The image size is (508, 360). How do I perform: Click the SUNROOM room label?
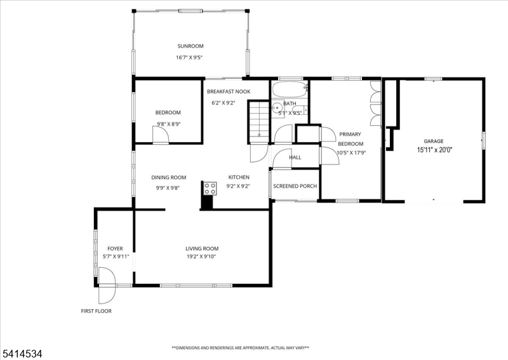click(190, 46)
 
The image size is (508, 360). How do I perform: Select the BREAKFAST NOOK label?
click(229, 91)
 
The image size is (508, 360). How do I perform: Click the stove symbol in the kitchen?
click(210, 189)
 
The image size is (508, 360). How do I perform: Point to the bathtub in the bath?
click(290, 89)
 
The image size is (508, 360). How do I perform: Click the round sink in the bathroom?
click(277, 106)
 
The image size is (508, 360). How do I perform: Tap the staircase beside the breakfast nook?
click(259, 121)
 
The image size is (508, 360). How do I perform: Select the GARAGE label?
click(434, 142)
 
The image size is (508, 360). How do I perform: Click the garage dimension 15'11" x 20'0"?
click(434, 150)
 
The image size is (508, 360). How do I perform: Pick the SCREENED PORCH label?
click(295, 186)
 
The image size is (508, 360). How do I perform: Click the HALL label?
click(295, 157)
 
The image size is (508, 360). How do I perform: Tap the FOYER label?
click(115, 249)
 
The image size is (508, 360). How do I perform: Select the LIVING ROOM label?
click(202, 249)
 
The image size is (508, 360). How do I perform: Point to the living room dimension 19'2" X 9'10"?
click(201, 257)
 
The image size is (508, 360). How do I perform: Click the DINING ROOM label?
click(169, 178)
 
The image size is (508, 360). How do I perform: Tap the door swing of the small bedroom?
click(161, 135)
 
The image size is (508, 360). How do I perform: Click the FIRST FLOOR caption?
click(97, 311)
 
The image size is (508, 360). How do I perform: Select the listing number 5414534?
click(22, 354)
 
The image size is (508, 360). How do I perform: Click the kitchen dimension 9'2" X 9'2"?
click(238, 186)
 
